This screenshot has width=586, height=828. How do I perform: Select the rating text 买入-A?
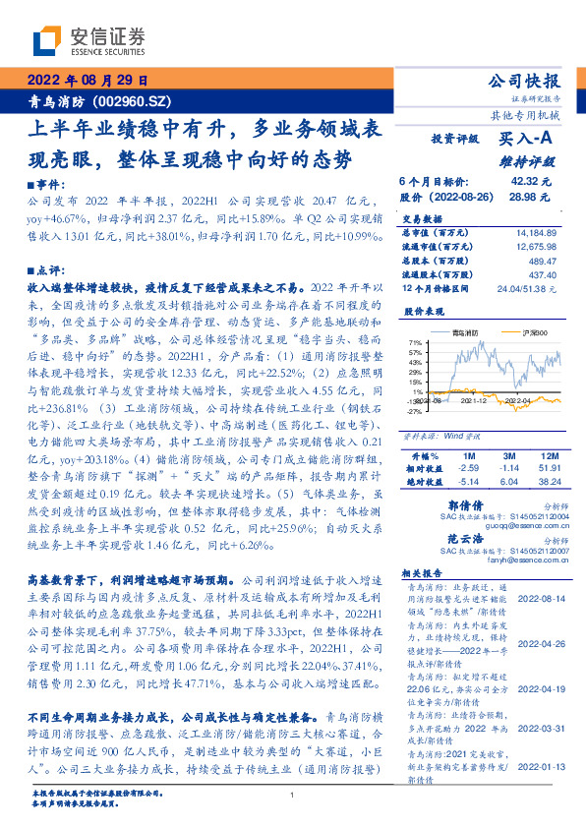(527, 140)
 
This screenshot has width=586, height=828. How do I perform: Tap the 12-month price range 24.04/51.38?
(526, 288)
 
